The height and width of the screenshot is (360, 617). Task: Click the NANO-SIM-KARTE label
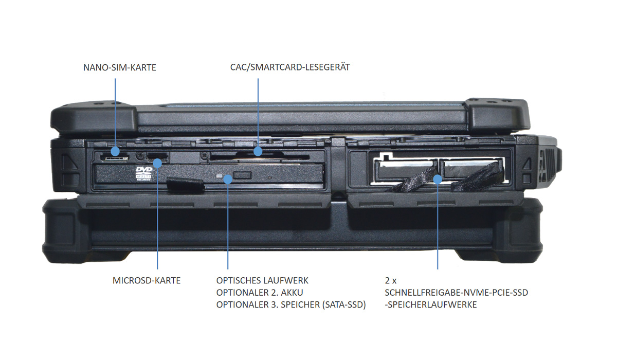[119, 67]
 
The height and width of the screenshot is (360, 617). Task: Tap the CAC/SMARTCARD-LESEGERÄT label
[290, 67]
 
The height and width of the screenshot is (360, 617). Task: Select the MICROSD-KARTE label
[147, 281]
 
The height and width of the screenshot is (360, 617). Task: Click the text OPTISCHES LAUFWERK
[262, 281]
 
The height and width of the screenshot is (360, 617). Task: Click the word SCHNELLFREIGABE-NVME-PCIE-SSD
[456, 293]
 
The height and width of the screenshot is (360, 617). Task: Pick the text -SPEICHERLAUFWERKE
[431, 304]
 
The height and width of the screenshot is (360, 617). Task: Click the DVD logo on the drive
[144, 174]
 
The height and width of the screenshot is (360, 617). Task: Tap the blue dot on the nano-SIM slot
[115, 152]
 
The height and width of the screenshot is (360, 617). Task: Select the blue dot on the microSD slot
[158, 163]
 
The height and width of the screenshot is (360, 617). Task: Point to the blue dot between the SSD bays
[438, 179]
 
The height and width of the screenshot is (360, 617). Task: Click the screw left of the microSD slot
[139, 154]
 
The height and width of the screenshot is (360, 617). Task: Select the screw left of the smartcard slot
[205, 154]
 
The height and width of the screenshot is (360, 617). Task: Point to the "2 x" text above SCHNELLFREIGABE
[391, 281]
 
